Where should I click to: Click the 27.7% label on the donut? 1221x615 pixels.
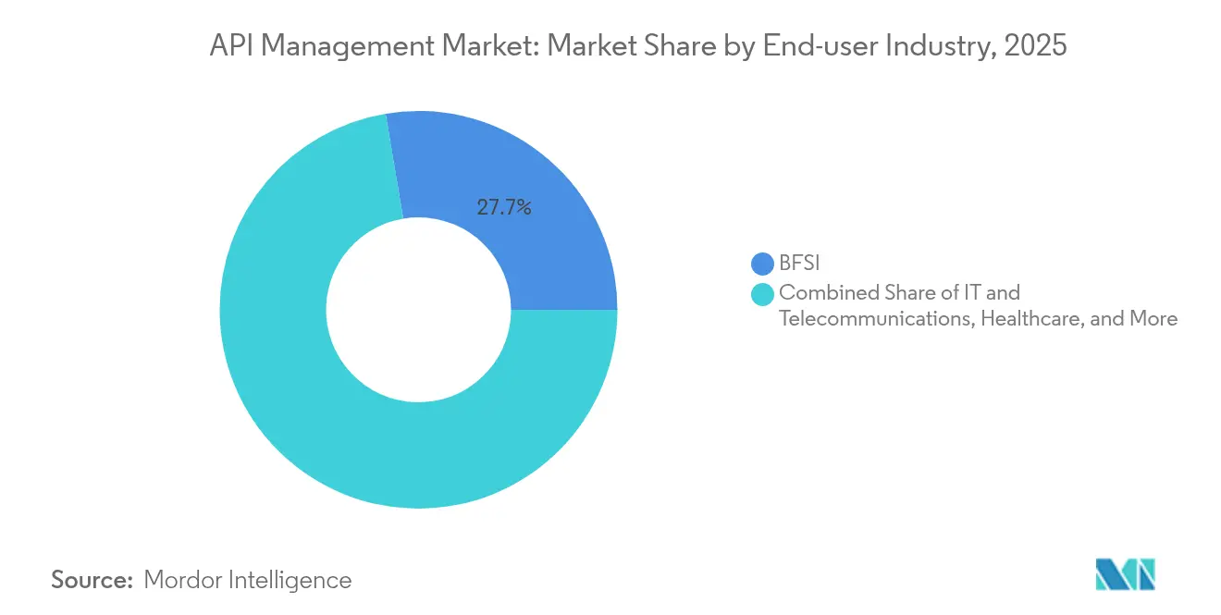click(504, 208)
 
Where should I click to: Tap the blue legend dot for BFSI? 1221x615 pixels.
click(763, 264)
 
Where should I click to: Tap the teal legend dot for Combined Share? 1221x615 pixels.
click(763, 294)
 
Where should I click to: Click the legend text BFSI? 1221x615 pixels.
click(799, 264)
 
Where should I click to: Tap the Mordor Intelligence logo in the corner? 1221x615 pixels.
click(1125, 574)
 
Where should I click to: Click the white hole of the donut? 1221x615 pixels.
click(418, 310)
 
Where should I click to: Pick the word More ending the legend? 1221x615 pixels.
click(1153, 319)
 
